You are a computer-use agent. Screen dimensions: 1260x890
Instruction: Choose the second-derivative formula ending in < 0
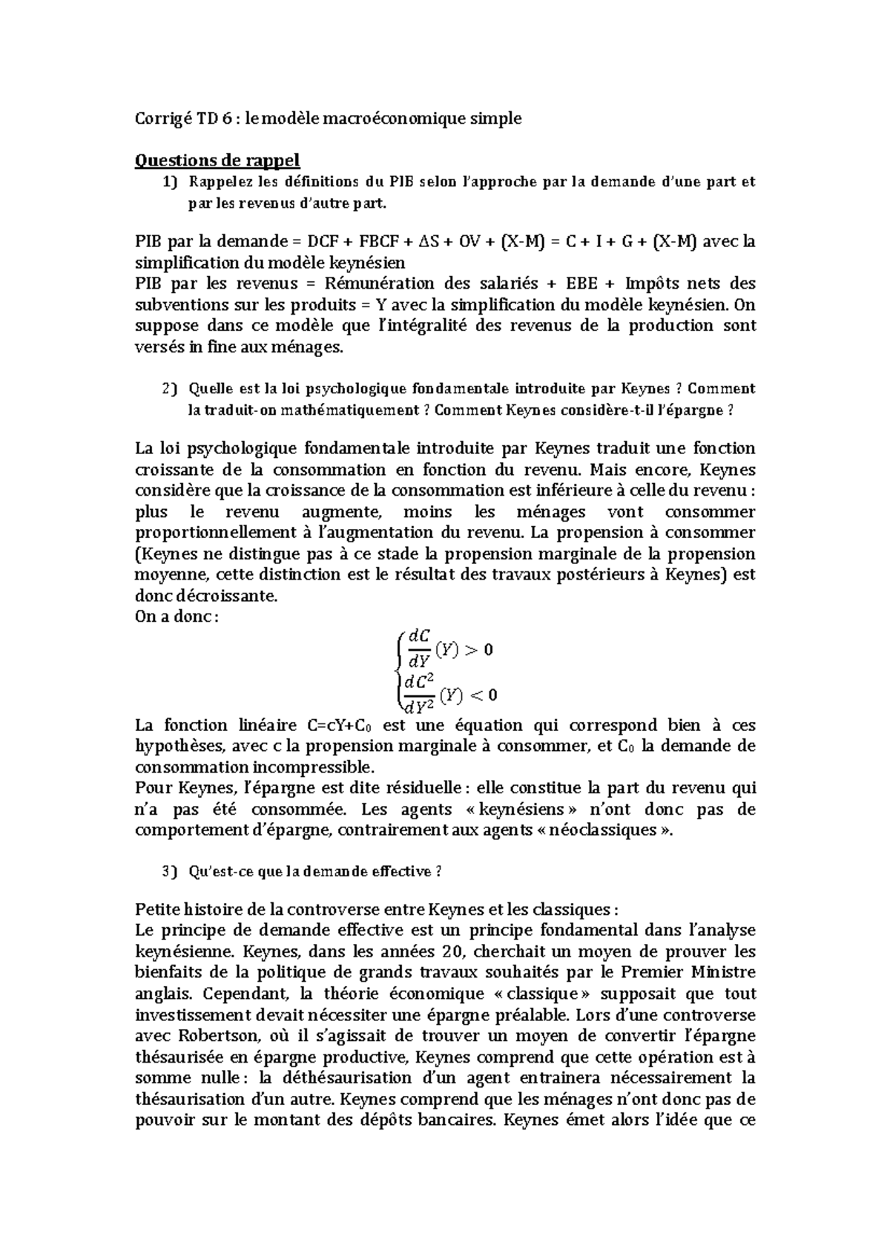(x=447, y=694)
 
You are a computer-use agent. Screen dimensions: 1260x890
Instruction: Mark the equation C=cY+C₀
(x=343, y=726)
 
